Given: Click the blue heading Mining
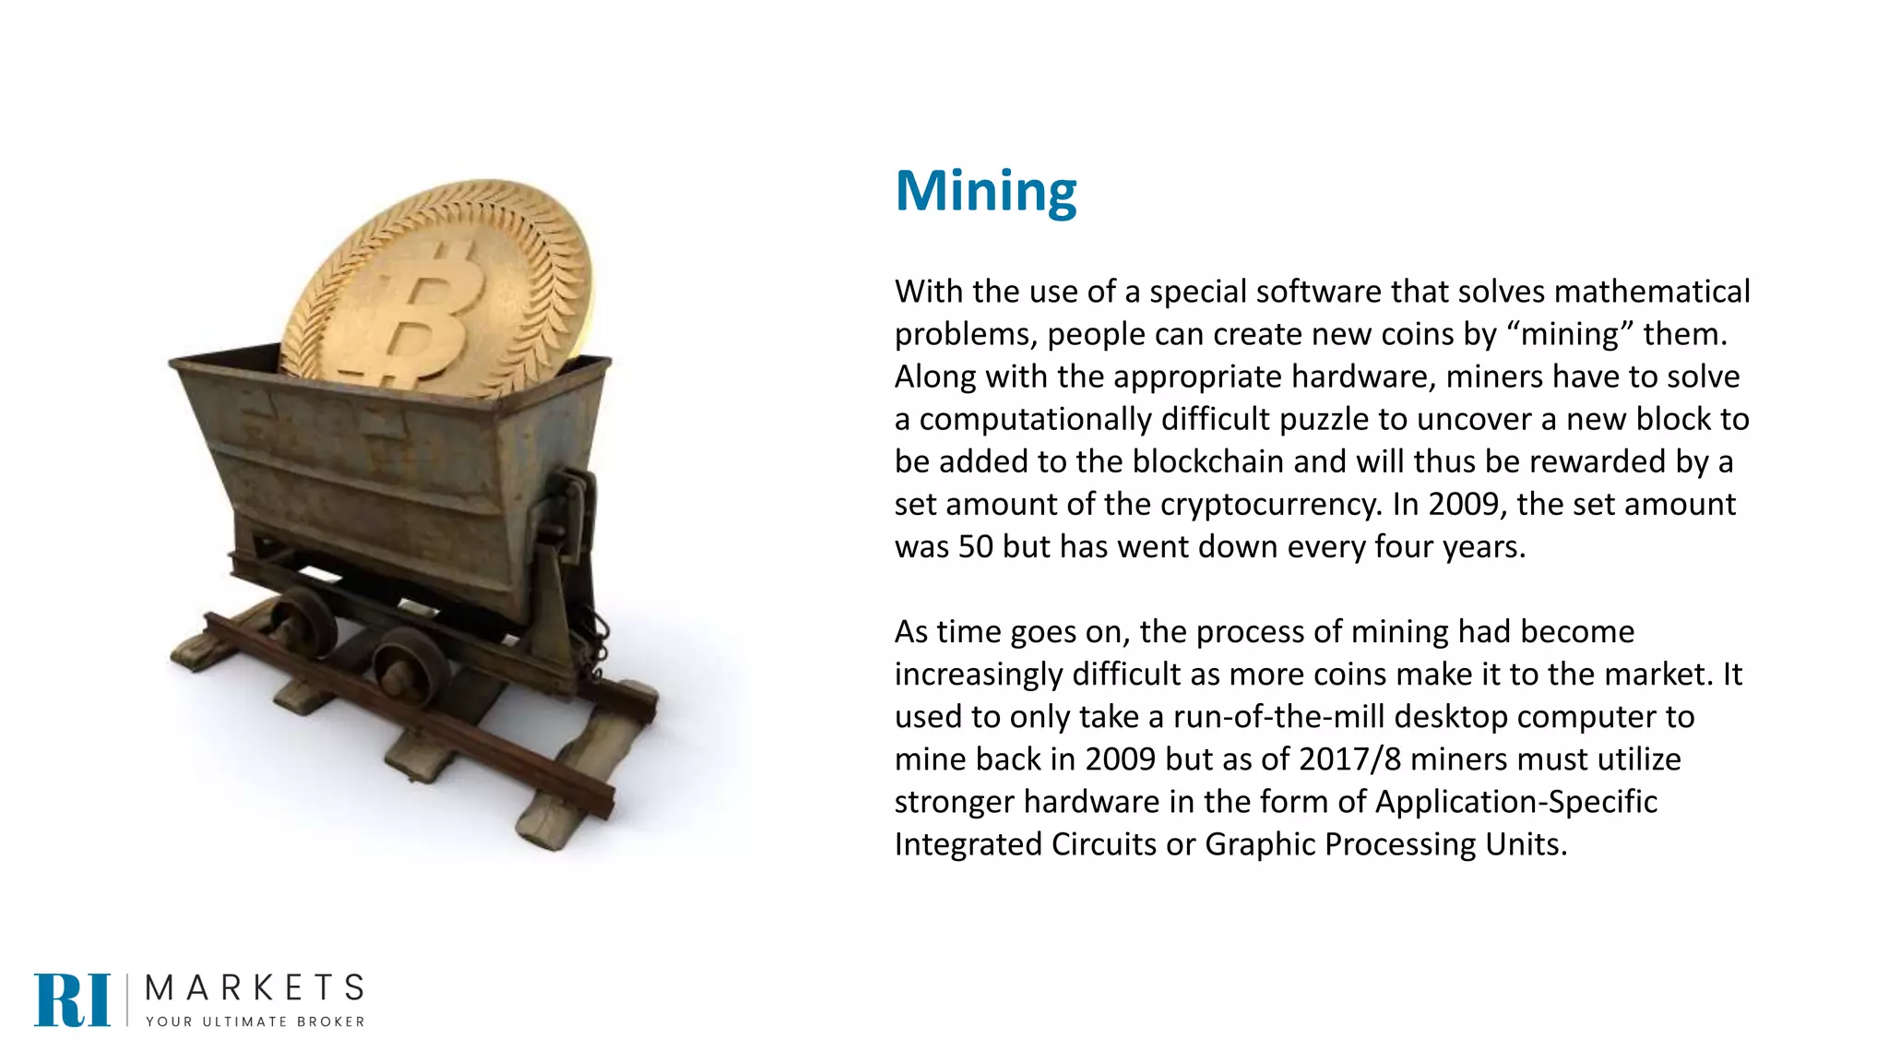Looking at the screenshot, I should coord(985,191).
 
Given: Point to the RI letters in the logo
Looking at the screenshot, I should coord(72,999).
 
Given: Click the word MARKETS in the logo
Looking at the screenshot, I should coord(255,988).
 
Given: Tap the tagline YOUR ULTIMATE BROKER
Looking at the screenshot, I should coord(255,1021).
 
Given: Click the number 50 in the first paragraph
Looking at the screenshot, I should coord(976,546).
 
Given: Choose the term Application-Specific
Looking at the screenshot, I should coord(1515,801).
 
